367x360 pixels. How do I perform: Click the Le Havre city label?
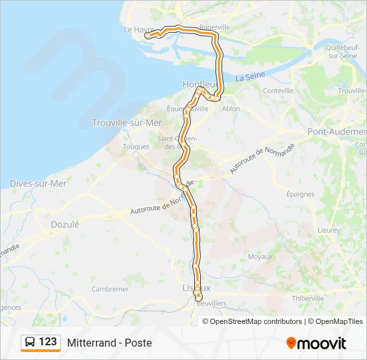(138, 30)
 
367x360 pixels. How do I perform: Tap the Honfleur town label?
(200, 84)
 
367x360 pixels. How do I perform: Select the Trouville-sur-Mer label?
(127, 123)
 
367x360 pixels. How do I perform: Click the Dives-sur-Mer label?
(38, 183)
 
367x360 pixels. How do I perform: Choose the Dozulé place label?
(65, 225)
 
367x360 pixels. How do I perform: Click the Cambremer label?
(110, 289)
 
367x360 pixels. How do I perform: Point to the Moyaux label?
(260, 256)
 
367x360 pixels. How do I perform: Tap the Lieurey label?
(328, 229)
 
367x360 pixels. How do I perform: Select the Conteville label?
(278, 91)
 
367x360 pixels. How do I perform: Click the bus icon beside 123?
(29, 342)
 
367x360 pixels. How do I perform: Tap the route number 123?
(48, 342)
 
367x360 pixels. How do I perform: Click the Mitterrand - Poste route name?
(109, 343)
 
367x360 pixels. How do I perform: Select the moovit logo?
(316, 343)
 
